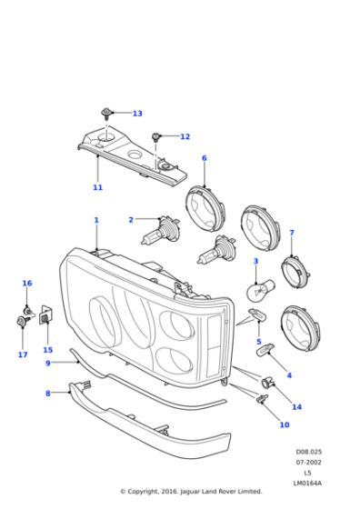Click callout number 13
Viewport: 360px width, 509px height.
[137, 114]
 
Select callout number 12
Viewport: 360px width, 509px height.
[185, 137]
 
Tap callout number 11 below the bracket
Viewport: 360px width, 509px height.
[97, 188]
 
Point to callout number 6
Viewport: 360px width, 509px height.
[204, 158]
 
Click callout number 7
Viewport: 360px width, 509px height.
[292, 234]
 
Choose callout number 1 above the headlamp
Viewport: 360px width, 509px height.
[96, 220]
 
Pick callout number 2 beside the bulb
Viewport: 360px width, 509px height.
[131, 219]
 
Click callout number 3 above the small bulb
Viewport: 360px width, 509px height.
[255, 262]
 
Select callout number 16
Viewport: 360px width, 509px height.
[27, 284]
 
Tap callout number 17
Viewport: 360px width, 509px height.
[23, 355]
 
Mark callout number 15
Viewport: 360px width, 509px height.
[47, 350]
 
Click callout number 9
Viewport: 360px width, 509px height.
[47, 363]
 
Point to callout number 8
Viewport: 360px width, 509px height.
[47, 394]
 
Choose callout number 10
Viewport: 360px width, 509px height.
[284, 424]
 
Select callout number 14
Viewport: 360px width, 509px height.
[296, 406]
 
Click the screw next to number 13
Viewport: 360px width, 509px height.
[108, 115]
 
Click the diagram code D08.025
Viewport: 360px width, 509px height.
[308, 452]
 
